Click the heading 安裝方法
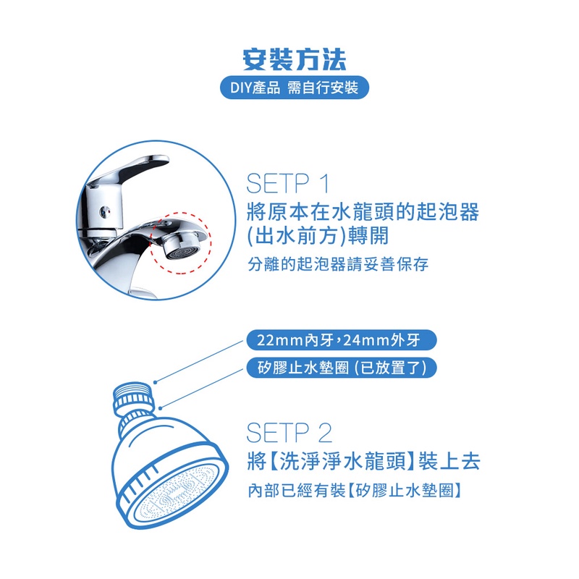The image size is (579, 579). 295,59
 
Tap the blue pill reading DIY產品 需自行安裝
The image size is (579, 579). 295,88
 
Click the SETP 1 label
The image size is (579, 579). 287,184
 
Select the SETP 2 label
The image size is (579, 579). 289,432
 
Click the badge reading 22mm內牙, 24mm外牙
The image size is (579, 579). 341,339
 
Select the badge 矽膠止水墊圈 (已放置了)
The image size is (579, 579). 341,368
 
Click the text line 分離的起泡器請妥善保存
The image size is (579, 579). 338,264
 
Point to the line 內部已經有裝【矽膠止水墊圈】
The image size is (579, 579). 355,491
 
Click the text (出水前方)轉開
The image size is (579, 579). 318,235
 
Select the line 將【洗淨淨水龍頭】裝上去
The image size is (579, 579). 364,461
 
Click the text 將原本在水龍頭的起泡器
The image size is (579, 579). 363,211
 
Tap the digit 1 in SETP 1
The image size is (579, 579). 324,184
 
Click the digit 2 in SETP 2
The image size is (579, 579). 325,432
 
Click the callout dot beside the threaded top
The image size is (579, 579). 156,382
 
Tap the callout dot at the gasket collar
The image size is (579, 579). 160,408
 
